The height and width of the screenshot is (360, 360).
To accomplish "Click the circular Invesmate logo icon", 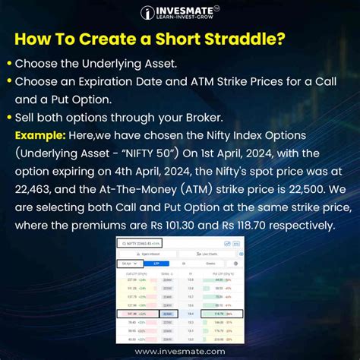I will point(148,12).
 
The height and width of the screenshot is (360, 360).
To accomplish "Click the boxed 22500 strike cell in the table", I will point(169,311).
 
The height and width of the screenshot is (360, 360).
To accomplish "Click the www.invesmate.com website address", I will point(180,352).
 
